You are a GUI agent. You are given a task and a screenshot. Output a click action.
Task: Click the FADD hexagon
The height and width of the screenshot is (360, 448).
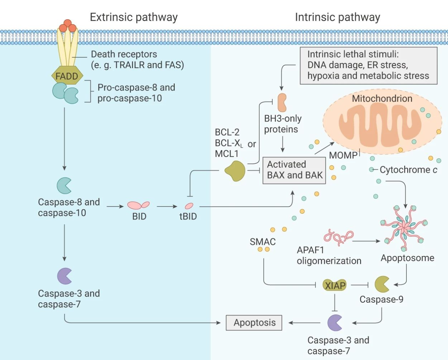(67, 76)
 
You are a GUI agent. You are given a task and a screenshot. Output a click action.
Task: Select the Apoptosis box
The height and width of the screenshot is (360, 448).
(254, 323)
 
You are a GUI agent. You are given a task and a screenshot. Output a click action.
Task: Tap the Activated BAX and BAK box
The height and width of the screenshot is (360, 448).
(294, 170)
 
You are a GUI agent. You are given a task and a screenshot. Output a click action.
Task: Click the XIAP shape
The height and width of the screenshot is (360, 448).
(335, 285)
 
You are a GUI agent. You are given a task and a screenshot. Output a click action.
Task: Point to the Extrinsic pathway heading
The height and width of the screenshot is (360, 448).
(133, 17)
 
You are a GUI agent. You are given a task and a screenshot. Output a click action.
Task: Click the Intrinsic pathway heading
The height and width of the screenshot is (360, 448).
(337, 17)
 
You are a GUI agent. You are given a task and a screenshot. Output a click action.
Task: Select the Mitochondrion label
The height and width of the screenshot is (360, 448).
(382, 99)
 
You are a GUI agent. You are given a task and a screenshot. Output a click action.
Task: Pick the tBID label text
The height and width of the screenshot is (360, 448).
(188, 216)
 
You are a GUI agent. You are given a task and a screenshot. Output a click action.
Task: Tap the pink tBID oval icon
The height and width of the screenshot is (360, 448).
(189, 206)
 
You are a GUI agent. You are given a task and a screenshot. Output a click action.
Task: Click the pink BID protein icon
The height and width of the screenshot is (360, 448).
(138, 205)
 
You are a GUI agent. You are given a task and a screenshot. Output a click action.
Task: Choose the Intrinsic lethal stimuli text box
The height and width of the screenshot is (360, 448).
(368, 66)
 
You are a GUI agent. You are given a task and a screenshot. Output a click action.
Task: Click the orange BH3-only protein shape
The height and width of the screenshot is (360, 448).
(282, 103)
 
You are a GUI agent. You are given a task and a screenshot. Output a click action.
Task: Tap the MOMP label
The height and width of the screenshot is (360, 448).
(343, 155)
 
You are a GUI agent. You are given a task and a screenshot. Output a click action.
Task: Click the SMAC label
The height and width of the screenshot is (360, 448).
(263, 242)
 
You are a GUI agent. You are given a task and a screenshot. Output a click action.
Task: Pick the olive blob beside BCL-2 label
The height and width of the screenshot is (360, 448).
(235, 171)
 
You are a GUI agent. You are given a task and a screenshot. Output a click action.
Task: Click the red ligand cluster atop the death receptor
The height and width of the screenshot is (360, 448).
(68, 25)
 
